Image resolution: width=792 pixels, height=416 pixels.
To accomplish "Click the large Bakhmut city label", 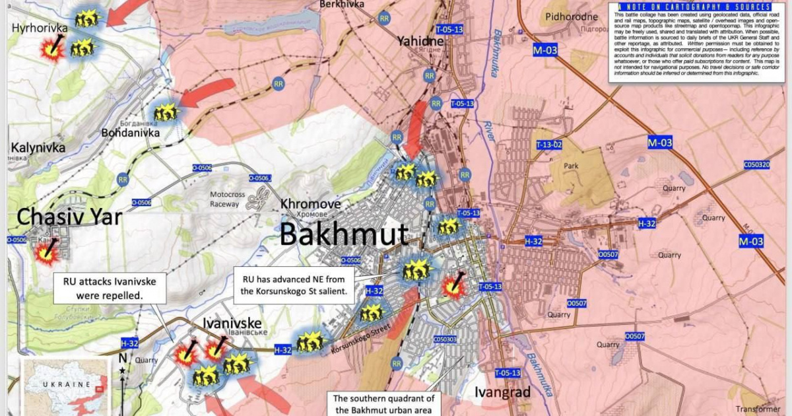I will click(x=344, y=234).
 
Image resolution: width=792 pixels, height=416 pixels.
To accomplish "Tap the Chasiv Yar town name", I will click(x=69, y=216).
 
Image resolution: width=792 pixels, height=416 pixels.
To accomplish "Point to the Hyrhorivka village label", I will click(x=40, y=28).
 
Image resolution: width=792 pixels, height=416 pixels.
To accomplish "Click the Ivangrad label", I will click(x=502, y=393).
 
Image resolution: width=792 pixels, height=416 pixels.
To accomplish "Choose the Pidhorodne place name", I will click(x=572, y=15).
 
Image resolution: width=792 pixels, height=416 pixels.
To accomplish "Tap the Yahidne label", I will click(x=420, y=42).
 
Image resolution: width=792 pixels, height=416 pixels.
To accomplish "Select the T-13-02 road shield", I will click(x=549, y=145).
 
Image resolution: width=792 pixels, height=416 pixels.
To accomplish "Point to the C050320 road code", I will click(x=756, y=164).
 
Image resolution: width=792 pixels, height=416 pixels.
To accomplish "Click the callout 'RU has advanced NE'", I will click(x=294, y=285).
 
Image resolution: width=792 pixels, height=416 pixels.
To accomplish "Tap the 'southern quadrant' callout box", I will click(x=383, y=403).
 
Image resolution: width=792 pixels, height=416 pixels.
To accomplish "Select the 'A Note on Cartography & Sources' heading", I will click(x=689, y=7).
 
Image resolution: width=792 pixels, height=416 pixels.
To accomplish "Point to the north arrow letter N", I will click(x=122, y=358).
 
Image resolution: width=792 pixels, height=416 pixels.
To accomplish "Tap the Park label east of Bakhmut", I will click(x=570, y=166).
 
